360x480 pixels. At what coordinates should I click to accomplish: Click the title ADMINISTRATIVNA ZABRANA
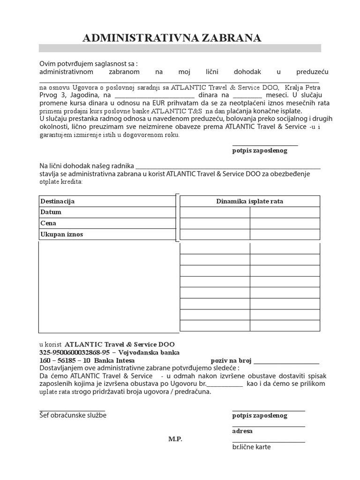(x=172, y=38)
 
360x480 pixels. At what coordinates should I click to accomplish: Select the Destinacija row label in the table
(x=58, y=202)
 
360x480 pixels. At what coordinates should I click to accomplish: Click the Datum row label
(x=51, y=212)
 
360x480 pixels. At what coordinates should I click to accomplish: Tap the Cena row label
(x=48, y=224)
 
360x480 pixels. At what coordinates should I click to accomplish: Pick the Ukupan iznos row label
(x=61, y=234)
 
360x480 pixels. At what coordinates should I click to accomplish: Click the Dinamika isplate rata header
(x=249, y=202)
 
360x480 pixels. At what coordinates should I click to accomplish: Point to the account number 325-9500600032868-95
(x=74, y=352)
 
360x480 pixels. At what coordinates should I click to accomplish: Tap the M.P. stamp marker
(x=175, y=439)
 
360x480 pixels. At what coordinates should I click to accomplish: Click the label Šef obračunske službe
(x=73, y=415)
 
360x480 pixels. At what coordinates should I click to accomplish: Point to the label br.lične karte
(x=251, y=447)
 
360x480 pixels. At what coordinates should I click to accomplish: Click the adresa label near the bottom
(x=242, y=431)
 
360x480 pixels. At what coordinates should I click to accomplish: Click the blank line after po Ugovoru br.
(x=225, y=384)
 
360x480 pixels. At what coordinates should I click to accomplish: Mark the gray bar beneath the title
(x=180, y=48)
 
